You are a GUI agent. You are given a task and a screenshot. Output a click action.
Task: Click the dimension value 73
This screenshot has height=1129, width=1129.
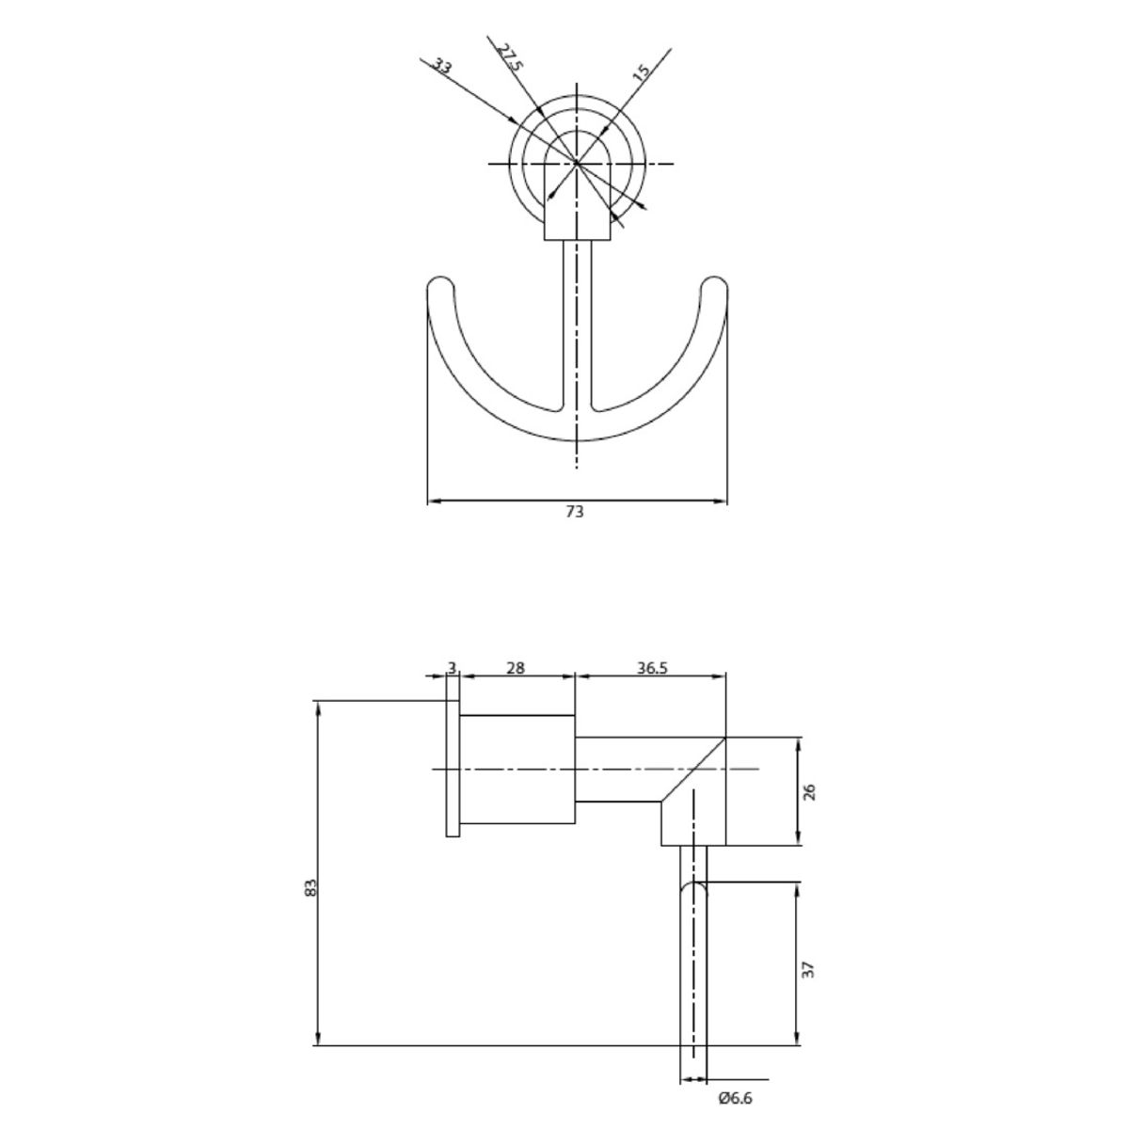[x=575, y=512]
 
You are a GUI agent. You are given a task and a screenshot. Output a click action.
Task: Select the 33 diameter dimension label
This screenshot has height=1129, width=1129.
[x=440, y=66]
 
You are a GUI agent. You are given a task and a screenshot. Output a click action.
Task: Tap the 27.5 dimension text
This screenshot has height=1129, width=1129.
[x=510, y=56]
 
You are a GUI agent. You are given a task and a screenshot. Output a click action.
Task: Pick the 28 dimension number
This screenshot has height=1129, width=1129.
[x=516, y=668]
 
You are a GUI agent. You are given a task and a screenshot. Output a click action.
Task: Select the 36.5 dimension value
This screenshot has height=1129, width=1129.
[x=651, y=668]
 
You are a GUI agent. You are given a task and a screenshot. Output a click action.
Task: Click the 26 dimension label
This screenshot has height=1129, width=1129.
[x=811, y=790]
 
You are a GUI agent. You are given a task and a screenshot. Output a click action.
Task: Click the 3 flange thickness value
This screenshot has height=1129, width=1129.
[x=453, y=668]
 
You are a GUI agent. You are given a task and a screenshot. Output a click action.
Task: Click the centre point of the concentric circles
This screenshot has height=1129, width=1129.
[x=576, y=163]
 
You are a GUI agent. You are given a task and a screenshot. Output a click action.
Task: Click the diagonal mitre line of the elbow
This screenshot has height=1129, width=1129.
[x=693, y=770]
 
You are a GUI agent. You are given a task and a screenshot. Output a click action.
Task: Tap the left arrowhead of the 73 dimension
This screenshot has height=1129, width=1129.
[x=434, y=501]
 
